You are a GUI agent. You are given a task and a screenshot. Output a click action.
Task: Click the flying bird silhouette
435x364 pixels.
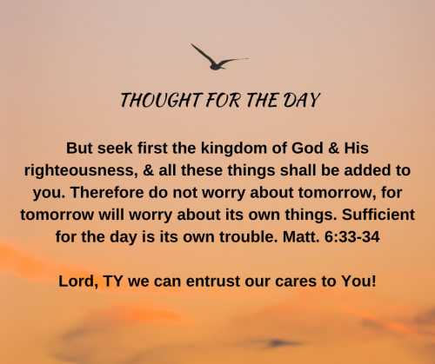[x=216, y=63]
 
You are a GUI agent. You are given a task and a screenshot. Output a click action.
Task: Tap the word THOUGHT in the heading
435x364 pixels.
[x=161, y=100]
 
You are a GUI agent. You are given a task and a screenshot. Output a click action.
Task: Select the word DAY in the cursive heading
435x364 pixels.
[x=301, y=100]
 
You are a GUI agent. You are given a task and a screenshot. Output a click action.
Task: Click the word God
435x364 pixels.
[x=307, y=148]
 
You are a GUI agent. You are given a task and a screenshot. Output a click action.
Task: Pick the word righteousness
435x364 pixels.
[x=81, y=171]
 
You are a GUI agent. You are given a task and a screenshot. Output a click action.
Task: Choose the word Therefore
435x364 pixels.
[x=107, y=192]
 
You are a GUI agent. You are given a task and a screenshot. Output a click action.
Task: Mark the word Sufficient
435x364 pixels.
[x=378, y=215]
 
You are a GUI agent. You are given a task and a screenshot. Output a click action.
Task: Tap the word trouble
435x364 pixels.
[x=246, y=237]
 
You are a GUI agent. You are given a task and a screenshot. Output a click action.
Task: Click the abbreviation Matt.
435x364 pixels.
[x=301, y=237]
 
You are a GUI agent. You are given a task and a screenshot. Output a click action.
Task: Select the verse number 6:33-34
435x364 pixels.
[x=352, y=237]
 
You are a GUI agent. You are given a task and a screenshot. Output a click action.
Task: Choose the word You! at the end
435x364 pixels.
[x=358, y=281]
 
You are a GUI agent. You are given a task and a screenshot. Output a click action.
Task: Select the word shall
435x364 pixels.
[x=298, y=170]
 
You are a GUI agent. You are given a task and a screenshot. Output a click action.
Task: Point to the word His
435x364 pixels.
[x=357, y=148]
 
